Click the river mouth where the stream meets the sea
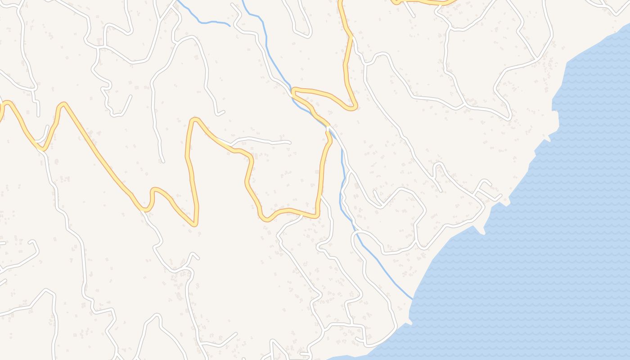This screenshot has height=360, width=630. click(x=412, y=299)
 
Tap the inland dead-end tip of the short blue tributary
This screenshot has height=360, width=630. click(x=229, y=26)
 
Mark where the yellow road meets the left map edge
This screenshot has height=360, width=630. click(x=1, y=108)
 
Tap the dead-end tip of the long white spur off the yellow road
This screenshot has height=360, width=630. click(x=289, y=143)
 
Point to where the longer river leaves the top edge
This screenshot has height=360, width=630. click(x=243, y=1)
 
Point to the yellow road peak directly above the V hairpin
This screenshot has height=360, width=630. click(x=194, y=120)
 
